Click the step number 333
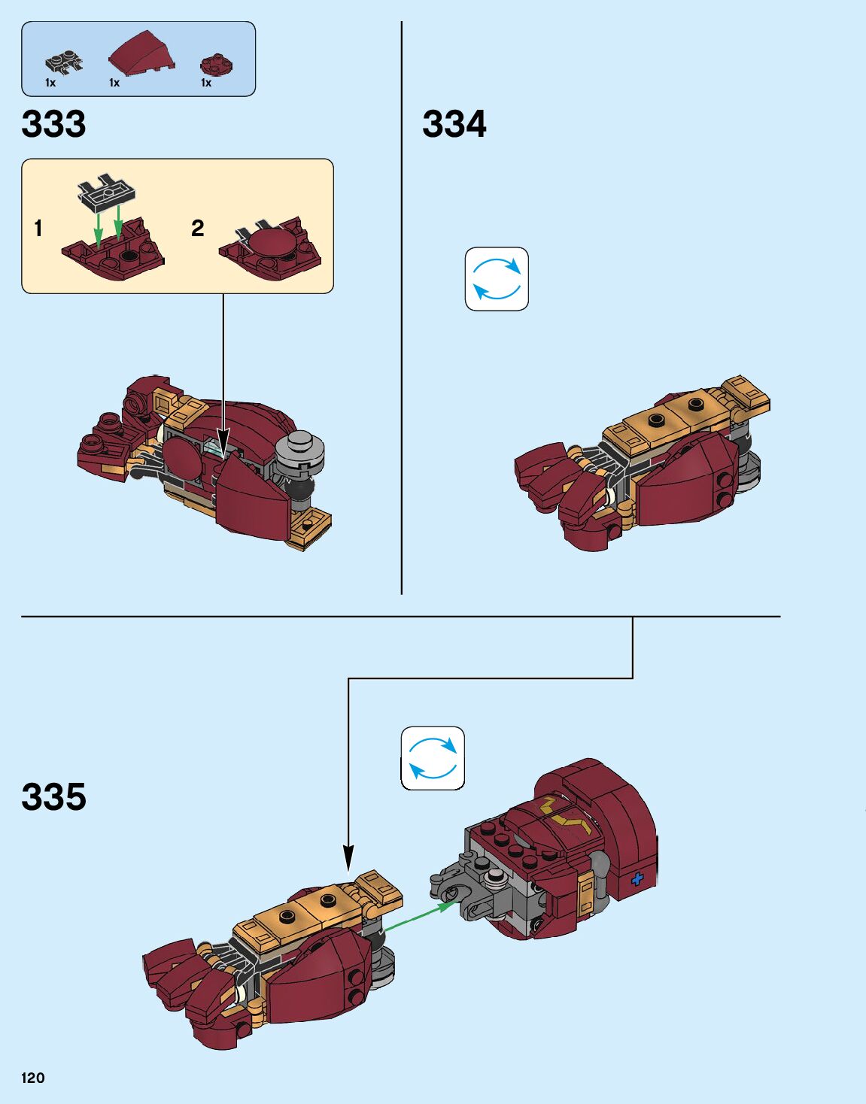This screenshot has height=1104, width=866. click(x=53, y=124)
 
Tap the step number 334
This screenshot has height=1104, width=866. click(x=454, y=124)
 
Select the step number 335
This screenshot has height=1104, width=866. click(x=53, y=797)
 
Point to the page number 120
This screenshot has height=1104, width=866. click(x=33, y=1078)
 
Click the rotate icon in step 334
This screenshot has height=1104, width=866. click(x=497, y=279)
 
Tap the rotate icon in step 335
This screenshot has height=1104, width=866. click(x=433, y=758)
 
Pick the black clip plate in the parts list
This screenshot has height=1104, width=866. click(x=63, y=64)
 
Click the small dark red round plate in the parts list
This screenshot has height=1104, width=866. click(x=217, y=65)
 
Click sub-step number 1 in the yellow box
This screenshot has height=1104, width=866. click(x=38, y=228)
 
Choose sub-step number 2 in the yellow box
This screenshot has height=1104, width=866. click(x=197, y=228)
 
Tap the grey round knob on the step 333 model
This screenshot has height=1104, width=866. click(x=301, y=453)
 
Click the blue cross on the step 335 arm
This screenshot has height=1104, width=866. click(x=637, y=878)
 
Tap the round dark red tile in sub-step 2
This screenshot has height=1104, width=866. click(x=272, y=246)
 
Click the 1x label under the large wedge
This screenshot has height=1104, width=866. click(x=114, y=83)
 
